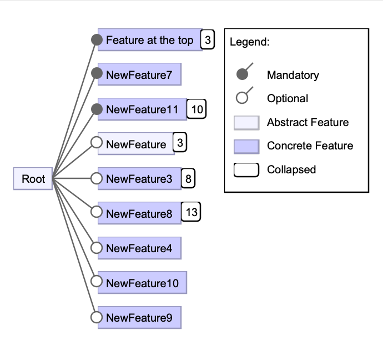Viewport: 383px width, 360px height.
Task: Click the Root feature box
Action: pos(33,179)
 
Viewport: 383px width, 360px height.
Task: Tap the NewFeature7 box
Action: pos(139,74)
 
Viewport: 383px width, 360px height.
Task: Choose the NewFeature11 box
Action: pos(142,109)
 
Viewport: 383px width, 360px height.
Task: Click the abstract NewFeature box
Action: pos(136,144)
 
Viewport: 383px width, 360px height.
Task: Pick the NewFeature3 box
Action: pos(139,179)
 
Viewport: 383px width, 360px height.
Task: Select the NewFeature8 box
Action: pos(139,213)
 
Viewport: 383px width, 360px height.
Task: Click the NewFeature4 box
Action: pos(139,248)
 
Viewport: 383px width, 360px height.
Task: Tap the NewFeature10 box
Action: pos(142,283)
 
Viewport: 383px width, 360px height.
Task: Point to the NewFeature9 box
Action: pos(139,318)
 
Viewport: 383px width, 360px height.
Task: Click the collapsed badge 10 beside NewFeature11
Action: pos(196,109)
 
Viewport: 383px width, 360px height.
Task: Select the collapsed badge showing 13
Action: pos(191,212)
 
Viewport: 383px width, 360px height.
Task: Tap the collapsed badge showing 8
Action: pos(188,179)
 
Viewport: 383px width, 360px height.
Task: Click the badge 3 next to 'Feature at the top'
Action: pos(207,40)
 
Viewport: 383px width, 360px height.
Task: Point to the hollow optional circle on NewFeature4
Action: pos(97,248)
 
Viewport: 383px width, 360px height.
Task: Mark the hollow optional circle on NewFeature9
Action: pos(97,318)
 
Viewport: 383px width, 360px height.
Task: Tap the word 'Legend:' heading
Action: pos(249,42)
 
